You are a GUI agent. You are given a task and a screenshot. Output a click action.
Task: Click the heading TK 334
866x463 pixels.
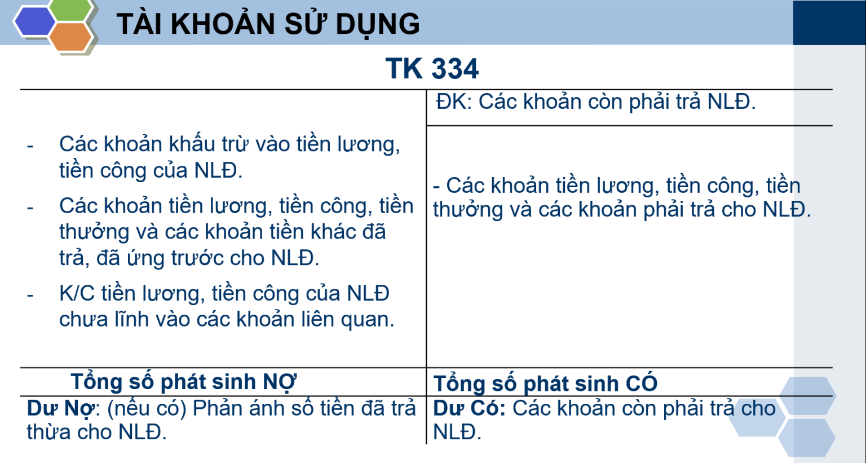[432, 69]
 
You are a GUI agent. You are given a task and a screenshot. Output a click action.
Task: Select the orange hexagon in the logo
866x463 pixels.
[70, 37]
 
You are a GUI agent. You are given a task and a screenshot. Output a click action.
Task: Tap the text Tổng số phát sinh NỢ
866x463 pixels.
[183, 382]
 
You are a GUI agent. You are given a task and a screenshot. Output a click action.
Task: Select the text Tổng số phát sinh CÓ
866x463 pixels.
[545, 383]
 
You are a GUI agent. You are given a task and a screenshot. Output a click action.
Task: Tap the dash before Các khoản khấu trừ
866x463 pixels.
[30, 146]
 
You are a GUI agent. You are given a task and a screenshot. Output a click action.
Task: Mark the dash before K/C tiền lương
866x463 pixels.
[30, 295]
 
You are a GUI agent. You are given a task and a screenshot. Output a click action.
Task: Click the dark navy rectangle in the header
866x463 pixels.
[829, 23]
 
